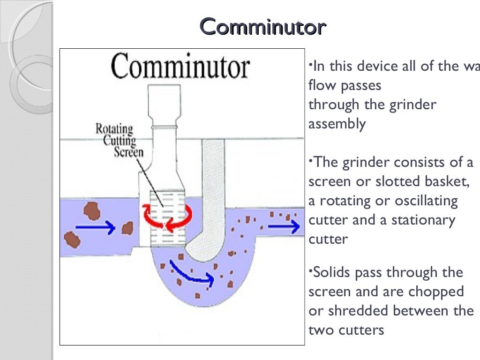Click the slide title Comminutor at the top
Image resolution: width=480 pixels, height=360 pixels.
click(x=262, y=27)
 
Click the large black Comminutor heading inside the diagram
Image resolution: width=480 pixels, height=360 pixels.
click(x=181, y=67)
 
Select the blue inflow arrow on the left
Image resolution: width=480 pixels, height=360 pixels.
click(x=95, y=228)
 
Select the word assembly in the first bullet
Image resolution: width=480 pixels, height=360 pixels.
click(x=337, y=124)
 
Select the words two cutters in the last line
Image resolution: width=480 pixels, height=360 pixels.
click(x=346, y=330)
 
